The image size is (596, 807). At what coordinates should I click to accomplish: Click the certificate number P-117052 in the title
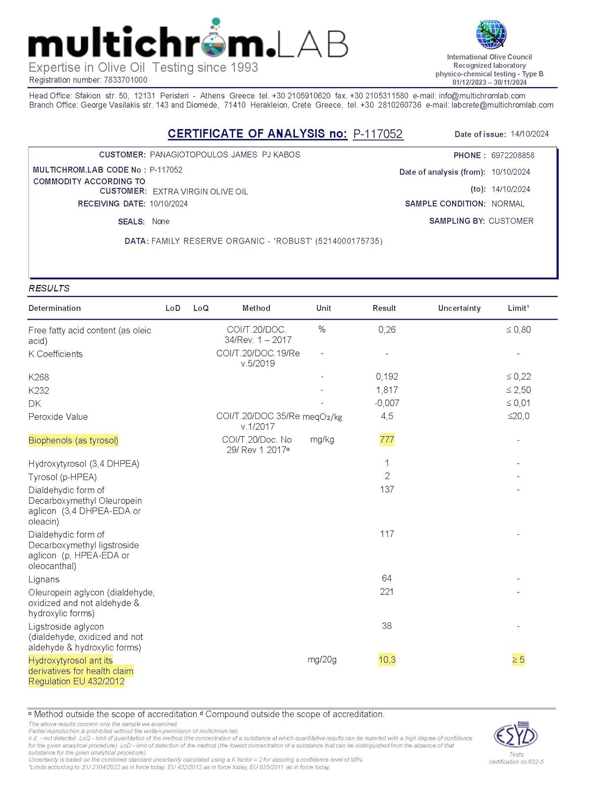pyautogui.click(x=378, y=134)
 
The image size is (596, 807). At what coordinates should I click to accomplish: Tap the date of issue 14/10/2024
pyautogui.click(x=529, y=134)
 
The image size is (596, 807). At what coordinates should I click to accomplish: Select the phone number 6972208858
pyautogui.click(x=513, y=155)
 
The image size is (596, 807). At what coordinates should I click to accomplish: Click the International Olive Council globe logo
pyautogui.click(x=491, y=34)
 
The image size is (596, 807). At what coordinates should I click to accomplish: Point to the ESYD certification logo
pyautogui.click(x=516, y=735)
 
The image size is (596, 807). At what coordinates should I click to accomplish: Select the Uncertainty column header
pyautogui.click(x=459, y=308)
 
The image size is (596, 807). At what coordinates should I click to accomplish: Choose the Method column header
pyautogui.click(x=256, y=308)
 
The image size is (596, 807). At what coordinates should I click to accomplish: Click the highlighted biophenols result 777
pyautogui.click(x=387, y=440)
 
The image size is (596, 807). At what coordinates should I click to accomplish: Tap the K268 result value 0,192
pyautogui.click(x=387, y=377)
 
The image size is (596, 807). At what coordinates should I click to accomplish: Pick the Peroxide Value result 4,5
pyautogui.click(x=387, y=416)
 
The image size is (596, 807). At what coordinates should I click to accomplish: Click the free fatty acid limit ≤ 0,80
pyautogui.click(x=518, y=329)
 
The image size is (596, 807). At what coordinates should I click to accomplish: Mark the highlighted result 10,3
pyautogui.click(x=387, y=660)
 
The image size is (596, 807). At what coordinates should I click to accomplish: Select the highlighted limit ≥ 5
pyautogui.click(x=518, y=660)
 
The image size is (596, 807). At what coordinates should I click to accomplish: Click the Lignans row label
pyautogui.click(x=44, y=579)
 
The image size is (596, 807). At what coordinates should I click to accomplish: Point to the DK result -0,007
pyautogui.click(x=387, y=403)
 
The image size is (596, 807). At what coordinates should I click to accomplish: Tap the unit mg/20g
pyautogui.click(x=322, y=660)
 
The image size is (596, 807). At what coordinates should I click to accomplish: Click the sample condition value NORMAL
pyautogui.click(x=508, y=204)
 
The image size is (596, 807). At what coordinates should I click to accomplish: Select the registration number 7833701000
pyautogui.click(x=125, y=80)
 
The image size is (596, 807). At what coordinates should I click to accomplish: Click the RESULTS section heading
pyautogui.click(x=49, y=288)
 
